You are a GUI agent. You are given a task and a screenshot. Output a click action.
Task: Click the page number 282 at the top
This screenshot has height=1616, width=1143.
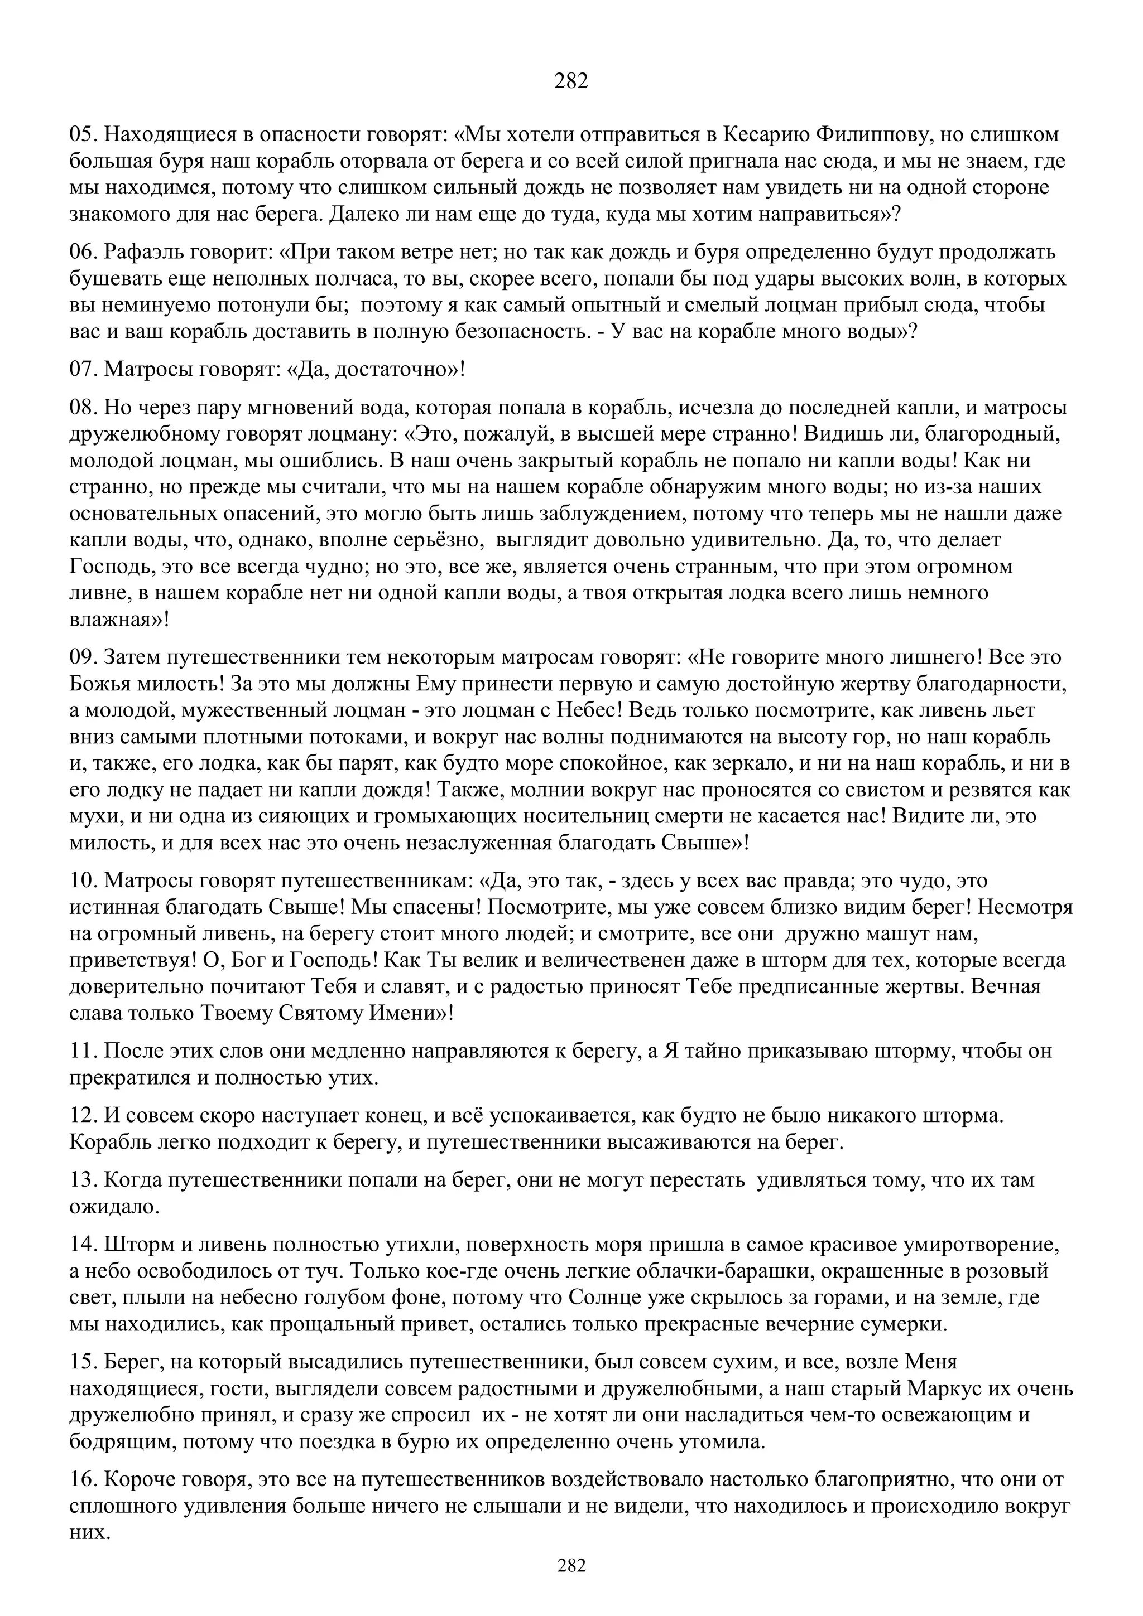(x=571, y=81)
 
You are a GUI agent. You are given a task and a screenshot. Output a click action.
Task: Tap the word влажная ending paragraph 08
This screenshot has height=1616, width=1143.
(x=112, y=620)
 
